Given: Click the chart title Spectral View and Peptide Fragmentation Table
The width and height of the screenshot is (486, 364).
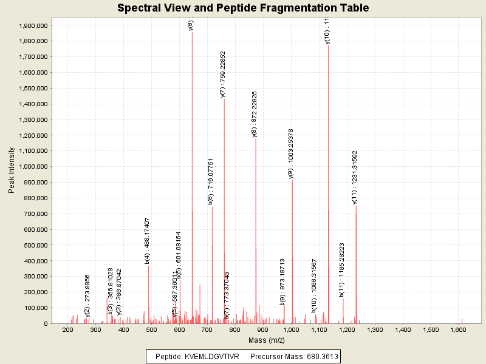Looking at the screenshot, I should [x=243, y=8].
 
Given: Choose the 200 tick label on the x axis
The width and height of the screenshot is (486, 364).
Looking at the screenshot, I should [x=67, y=329].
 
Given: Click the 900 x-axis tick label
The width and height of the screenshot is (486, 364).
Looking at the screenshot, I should [x=262, y=329].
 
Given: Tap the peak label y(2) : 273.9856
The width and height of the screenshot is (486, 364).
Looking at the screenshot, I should [x=87, y=295].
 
